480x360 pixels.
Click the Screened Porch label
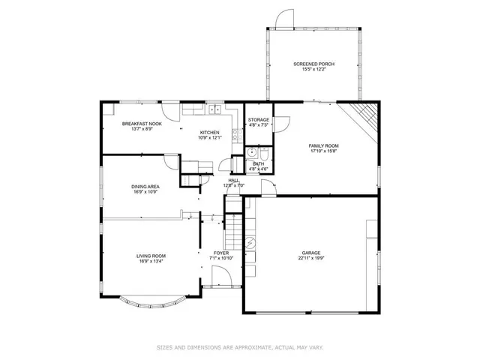[x=313, y=64]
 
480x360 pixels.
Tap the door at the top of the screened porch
[x=283, y=19]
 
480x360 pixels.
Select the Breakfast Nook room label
[x=142, y=124]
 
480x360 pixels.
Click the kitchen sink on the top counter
[x=213, y=110]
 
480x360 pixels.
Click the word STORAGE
[x=259, y=120]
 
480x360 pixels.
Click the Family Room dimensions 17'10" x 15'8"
[x=324, y=151]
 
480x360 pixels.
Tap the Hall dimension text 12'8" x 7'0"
[x=233, y=185]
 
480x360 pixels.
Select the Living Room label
[x=151, y=256]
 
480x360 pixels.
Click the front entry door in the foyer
[x=221, y=278]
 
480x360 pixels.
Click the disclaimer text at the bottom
[x=240, y=347]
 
